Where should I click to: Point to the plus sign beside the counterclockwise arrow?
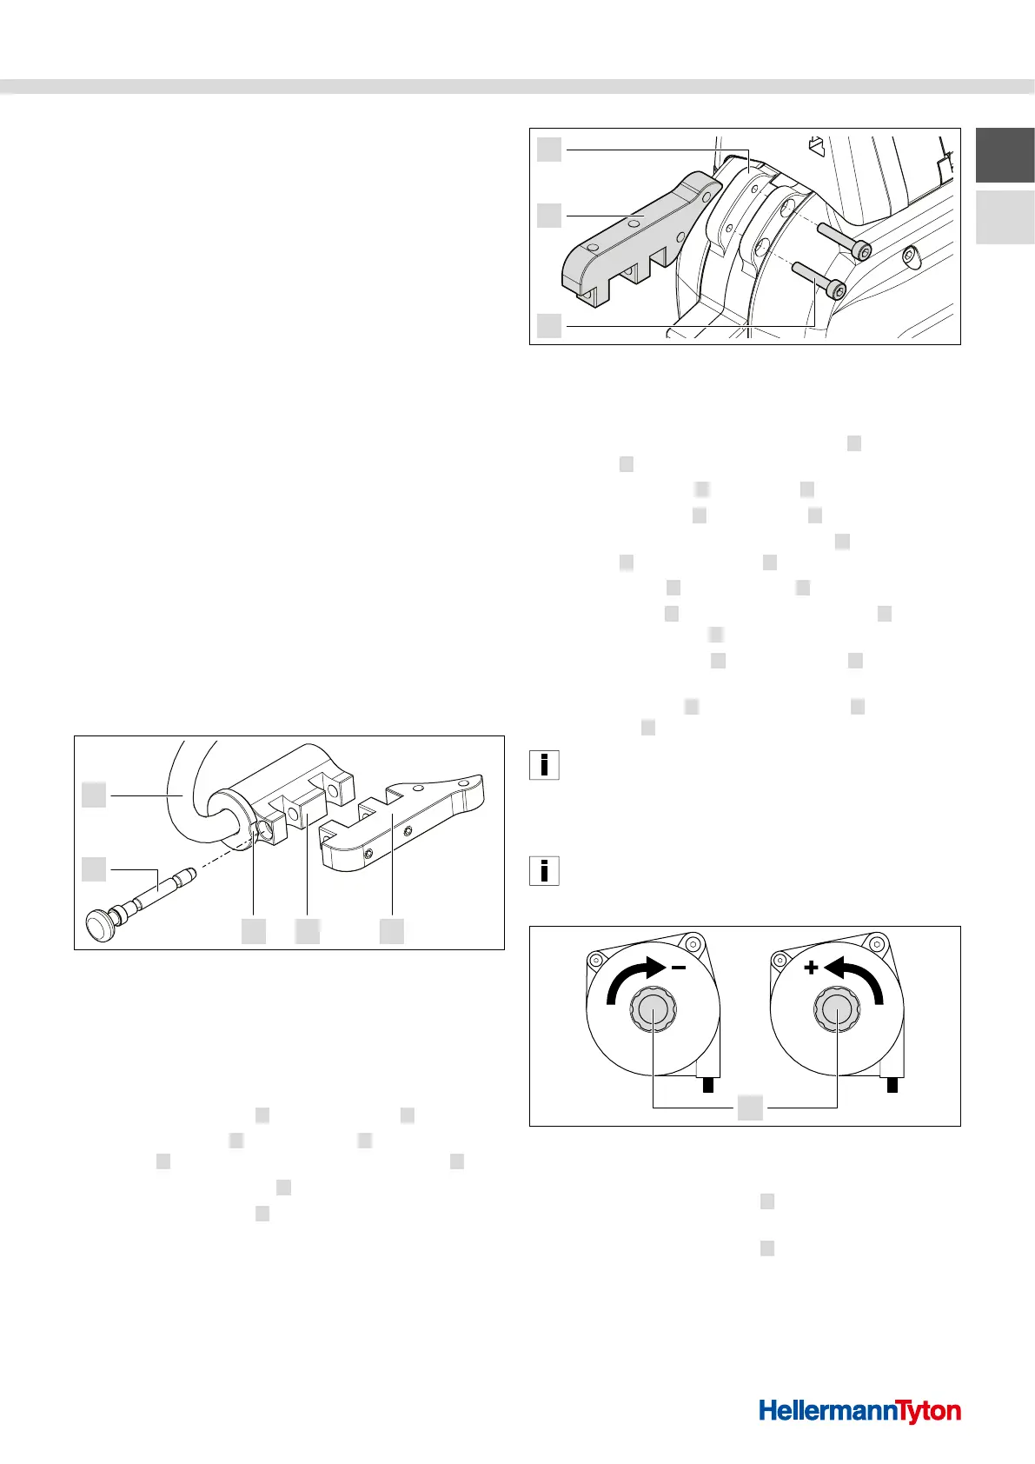pyautogui.click(x=811, y=967)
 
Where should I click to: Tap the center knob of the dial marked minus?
pyautogui.click(x=652, y=1010)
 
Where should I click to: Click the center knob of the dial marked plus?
pyautogui.click(x=836, y=1010)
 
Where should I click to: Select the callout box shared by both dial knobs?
pyautogui.click(x=750, y=1108)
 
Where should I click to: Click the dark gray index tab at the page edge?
pyautogui.click(x=1005, y=155)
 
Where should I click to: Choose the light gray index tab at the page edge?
pyautogui.click(x=1005, y=217)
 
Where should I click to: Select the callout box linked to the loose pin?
pyautogui.click(x=95, y=868)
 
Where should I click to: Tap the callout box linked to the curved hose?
pyautogui.click(x=95, y=794)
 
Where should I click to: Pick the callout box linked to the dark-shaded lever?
pyautogui.click(x=548, y=215)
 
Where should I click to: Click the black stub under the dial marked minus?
pyautogui.click(x=709, y=1085)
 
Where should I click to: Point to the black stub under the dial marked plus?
pyautogui.click(x=892, y=1085)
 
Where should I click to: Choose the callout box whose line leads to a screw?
pyautogui.click(x=548, y=325)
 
